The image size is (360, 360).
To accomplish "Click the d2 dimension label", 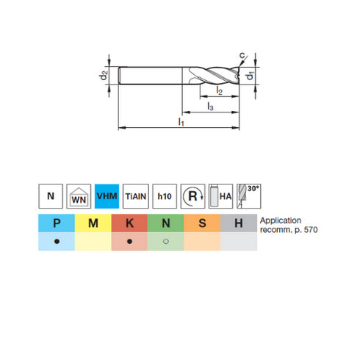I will click(104, 75).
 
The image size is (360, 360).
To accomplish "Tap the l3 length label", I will click(211, 108).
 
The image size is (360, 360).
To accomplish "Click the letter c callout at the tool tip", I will click(242, 54).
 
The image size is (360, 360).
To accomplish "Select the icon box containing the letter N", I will click(51, 196).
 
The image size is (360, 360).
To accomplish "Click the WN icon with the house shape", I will click(79, 196).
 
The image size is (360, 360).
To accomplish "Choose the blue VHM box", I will click(107, 196).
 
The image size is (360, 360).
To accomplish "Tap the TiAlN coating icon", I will click(135, 196).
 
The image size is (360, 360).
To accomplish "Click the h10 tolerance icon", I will click(164, 196).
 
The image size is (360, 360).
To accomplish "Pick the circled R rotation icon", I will click(192, 196).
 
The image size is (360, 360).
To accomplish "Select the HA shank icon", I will click(220, 196).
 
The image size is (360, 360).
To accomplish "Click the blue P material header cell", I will click(57, 223).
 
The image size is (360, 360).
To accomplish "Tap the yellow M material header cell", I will click(93, 223).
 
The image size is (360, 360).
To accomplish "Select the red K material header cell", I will click(129, 223).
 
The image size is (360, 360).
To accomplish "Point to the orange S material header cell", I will click(202, 223).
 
